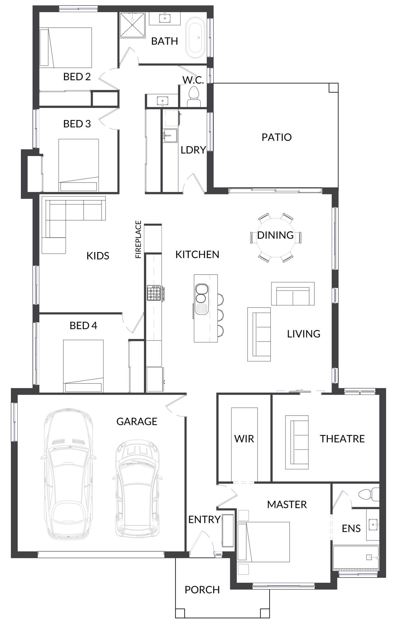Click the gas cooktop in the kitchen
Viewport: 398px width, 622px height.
(154, 293)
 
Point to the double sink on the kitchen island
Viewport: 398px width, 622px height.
(200, 293)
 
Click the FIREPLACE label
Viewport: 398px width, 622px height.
(138, 239)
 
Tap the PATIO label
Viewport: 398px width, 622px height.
(277, 137)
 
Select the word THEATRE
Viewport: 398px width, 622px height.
(342, 439)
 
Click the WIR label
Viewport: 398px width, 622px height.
(244, 439)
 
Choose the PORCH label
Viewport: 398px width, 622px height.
(202, 590)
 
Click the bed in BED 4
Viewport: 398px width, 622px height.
(83, 366)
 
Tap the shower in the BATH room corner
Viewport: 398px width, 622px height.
(132, 25)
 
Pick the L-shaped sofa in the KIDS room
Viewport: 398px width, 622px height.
(74, 225)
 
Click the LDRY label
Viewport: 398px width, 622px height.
(193, 150)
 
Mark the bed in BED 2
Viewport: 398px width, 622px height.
(66, 48)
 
